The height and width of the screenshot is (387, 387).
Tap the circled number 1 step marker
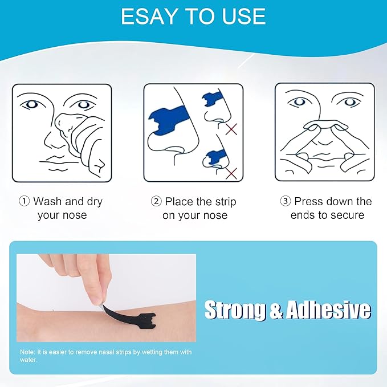coord(25,201)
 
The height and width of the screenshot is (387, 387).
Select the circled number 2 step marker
coord(156,201)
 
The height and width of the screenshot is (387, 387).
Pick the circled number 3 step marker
coord(286,201)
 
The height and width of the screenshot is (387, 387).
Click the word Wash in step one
coord(47,201)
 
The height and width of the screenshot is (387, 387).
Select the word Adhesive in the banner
coord(328,311)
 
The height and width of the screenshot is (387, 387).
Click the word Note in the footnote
coord(27,352)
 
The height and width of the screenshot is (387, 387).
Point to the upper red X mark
coord(231,131)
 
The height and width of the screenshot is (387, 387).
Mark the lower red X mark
coord(231,172)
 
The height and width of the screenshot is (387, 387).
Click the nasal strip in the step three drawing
coord(321,125)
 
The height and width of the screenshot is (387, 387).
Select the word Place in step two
coord(180,201)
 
